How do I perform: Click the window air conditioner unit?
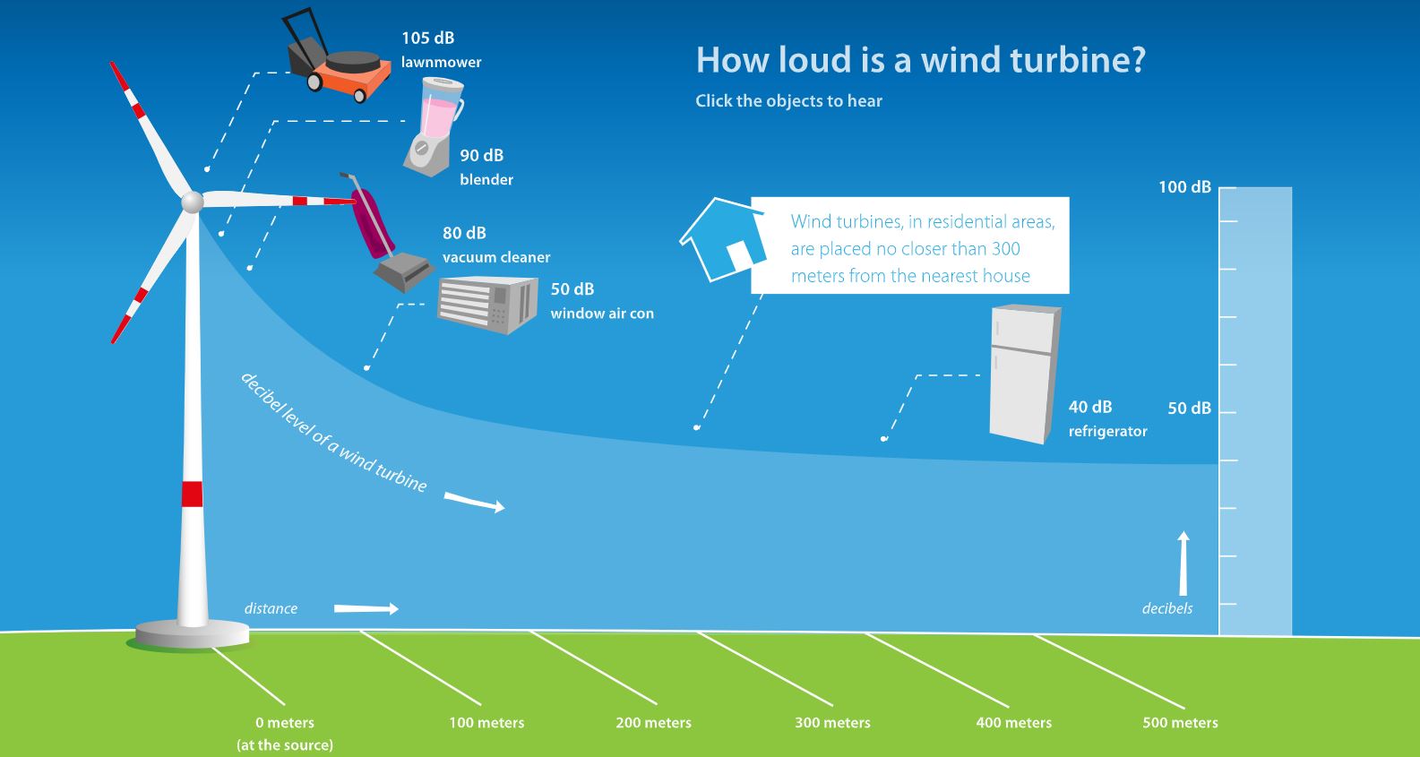pyautogui.click(x=487, y=305)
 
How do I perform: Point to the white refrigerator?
pyautogui.click(x=1025, y=374)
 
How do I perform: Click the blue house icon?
pyautogui.click(x=723, y=240)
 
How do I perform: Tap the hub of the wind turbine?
pyautogui.click(x=192, y=202)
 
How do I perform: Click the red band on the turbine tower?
pyautogui.click(x=192, y=494)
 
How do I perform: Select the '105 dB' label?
pyautogui.click(x=428, y=38)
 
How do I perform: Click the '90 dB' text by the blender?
pyautogui.click(x=482, y=155)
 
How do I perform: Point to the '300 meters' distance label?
pyautogui.click(x=832, y=723)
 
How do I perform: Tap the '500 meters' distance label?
pyautogui.click(x=1181, y=723)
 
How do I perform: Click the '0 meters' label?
pyautogui.click(x=285, y=723)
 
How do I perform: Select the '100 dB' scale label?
pyautogui.click(x=1184, y=187)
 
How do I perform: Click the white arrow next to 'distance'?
pyautogui.click(x=366, y=608)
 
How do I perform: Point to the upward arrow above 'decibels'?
pyautogui.click(x=1183, y=563)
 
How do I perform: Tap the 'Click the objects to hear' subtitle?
pyautogui.click(x=788, y=101)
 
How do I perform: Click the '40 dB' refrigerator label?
pyautogui.click(x=1090, y=407)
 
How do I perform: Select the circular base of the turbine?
pyautogui.click(x=192, y=634)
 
